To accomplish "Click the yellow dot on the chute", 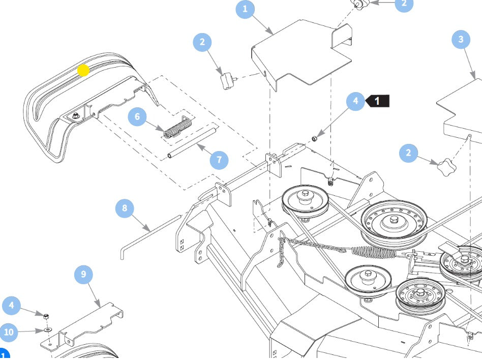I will tap(83, 70).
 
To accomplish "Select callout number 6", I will tap(137, 117).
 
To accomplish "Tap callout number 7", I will tap(219, 159).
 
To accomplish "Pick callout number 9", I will tap(83, 275).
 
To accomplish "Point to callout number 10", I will tap(9, 333).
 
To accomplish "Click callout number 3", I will tap(461, 39).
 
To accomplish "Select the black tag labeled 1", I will tap(378, 101).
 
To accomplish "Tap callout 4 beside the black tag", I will tap(355, 101).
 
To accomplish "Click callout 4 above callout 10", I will tap(11, 306).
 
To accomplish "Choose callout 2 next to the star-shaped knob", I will tap(408, 153).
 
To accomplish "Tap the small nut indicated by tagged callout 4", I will tap(315, 138).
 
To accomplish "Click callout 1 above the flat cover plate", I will tap(246, 9).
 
